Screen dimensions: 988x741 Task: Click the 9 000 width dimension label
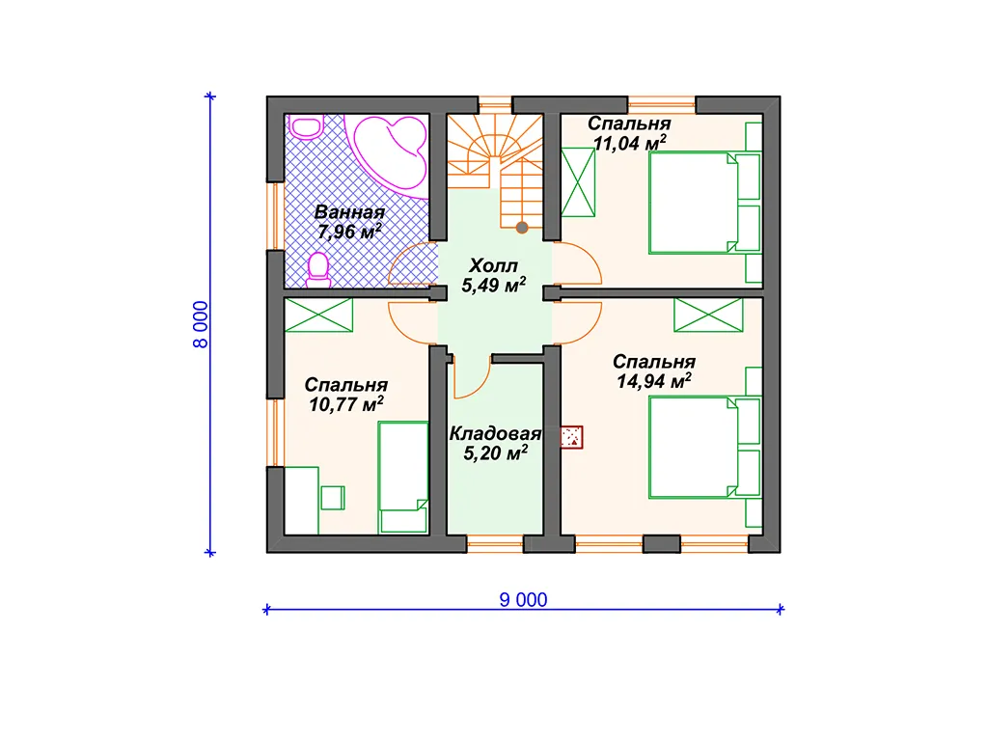523,599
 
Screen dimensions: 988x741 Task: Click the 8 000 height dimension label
201,324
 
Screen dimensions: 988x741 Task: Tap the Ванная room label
349,212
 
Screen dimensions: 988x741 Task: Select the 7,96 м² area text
349,232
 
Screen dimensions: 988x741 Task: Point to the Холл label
493,265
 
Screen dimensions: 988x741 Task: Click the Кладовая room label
495,433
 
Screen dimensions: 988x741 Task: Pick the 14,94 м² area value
654,380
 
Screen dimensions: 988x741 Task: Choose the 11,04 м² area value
629,143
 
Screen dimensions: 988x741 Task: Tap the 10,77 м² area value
346,404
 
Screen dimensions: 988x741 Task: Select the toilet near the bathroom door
318,270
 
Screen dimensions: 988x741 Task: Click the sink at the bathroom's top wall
307,126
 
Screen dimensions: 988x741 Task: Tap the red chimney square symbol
571,437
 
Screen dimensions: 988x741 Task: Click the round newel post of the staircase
522,228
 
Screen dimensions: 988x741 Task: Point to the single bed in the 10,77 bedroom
403,478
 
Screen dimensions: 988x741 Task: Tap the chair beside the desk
332,498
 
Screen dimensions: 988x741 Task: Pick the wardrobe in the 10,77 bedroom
318,315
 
